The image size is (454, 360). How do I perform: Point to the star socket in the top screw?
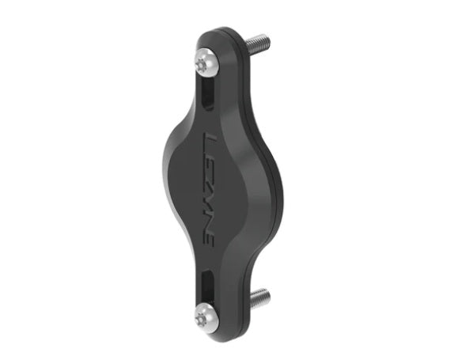200,65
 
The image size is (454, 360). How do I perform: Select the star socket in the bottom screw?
201,316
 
